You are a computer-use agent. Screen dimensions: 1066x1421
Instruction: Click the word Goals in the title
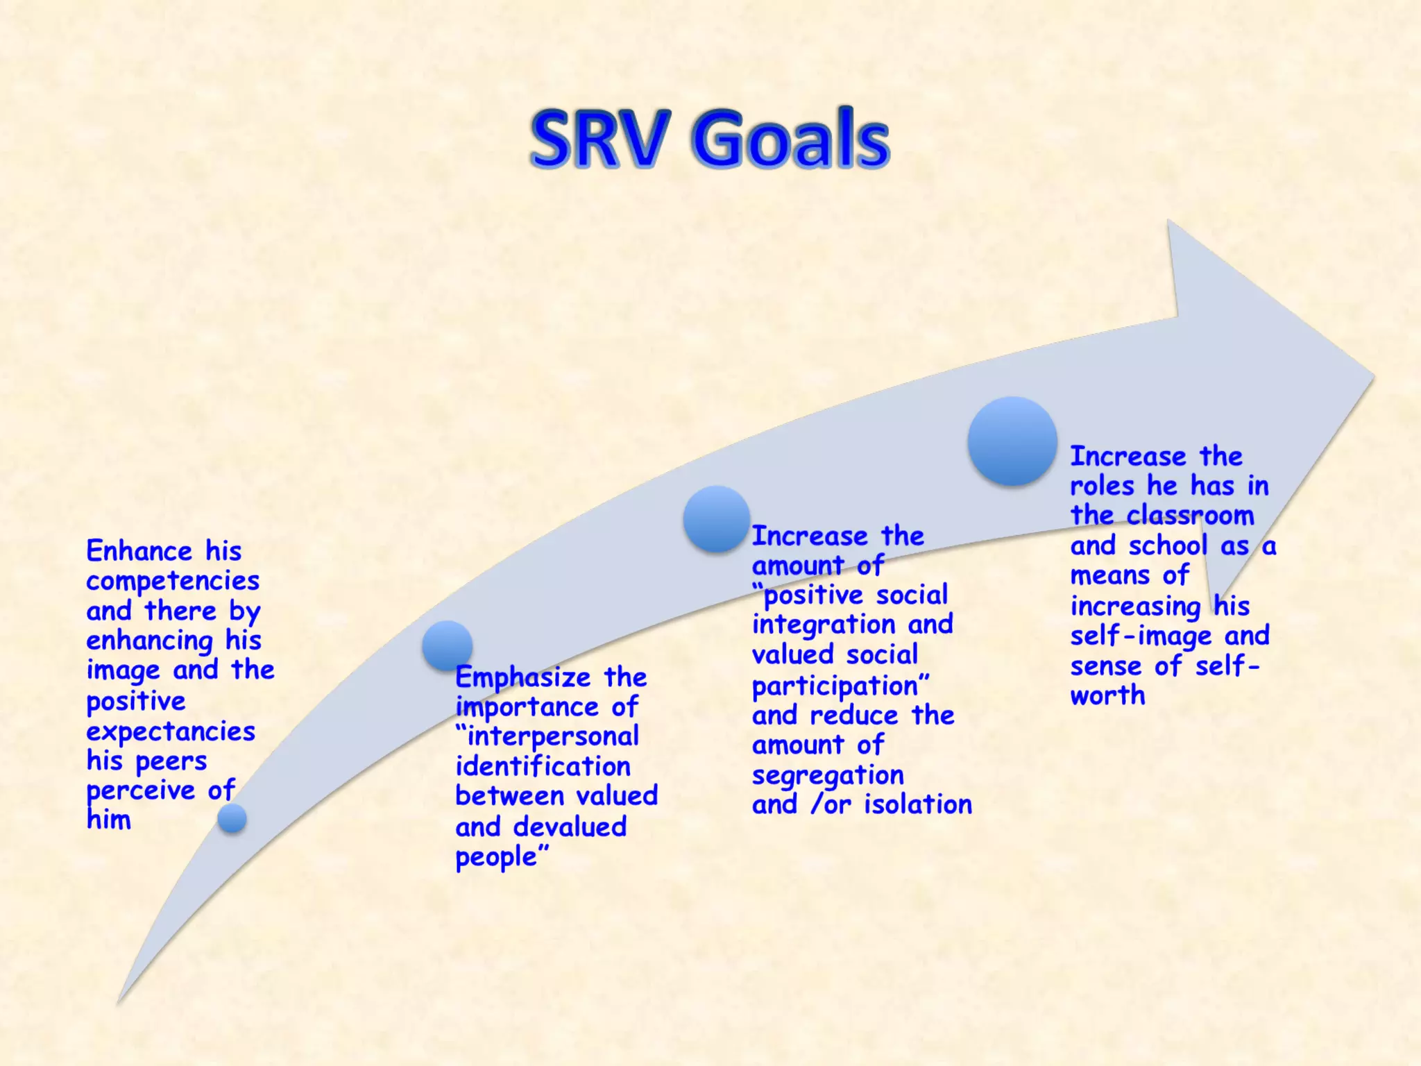(790, 139)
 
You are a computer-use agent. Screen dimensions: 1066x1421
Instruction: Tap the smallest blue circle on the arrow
(232, 818)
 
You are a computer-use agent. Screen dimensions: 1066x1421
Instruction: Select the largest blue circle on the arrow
(1012, 441)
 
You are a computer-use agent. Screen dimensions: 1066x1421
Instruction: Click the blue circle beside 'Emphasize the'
(448, 645)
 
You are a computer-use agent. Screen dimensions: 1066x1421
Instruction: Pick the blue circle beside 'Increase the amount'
(716, 519)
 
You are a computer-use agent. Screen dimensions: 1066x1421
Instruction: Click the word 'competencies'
(173, 582)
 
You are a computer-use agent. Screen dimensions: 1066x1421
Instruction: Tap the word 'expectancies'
(171, 732)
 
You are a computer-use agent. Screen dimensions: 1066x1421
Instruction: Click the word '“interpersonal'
(547, 737)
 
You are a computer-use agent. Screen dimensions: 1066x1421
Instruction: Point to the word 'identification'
(543, 767)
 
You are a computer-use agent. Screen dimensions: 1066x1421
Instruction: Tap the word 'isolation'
(918, 805)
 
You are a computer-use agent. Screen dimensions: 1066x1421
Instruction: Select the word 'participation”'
(840, 686)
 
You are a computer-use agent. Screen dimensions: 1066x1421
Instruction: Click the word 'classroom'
(1190, 516)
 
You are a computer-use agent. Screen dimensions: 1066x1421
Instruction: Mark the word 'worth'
(1107, 695)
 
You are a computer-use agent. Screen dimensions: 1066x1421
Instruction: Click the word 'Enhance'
(139, 552)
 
